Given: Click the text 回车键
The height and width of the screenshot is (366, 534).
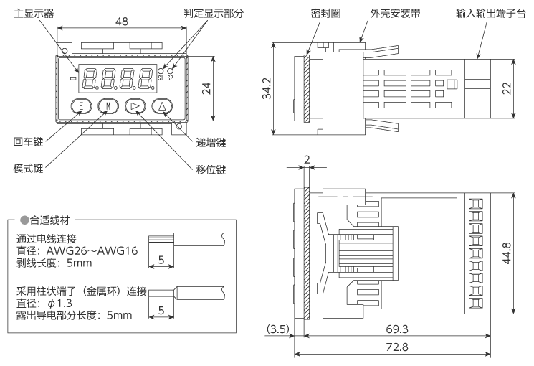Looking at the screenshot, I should click(x=29, y=143).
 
